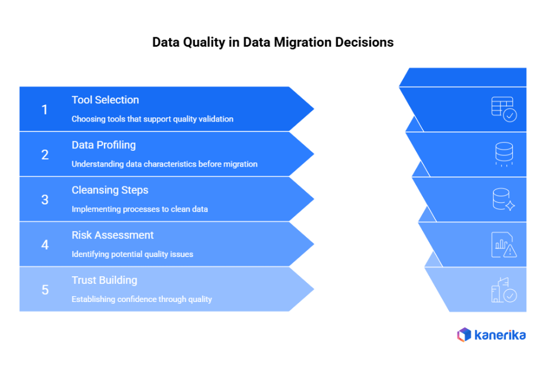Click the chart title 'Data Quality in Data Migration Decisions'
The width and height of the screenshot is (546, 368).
coord(272,43)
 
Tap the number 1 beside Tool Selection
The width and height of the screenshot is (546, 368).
coord(45,109)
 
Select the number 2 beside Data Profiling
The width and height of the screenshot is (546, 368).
coord(45,155)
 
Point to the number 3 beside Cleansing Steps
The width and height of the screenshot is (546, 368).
coord(45,200)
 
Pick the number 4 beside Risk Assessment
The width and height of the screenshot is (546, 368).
coord(45,245)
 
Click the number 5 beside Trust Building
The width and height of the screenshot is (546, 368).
coord(45,290)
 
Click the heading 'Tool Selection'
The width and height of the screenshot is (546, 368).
coord(105,100)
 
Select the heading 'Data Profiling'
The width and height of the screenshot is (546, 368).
coord(103,145)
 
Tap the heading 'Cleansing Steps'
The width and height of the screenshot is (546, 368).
coord(110,190)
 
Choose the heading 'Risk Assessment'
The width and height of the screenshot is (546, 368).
coord(113,235)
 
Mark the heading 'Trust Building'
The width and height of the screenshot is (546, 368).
coord(104,280)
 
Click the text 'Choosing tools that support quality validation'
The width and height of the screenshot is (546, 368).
coord(152,119)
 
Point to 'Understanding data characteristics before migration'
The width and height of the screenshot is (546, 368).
coord(164,164)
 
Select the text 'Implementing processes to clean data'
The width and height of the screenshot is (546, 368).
coord(139,209)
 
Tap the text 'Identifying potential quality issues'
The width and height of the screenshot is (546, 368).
coord(132,254)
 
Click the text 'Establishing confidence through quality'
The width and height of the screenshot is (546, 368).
coord(142,299)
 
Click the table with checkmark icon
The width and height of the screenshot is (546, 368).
coord(503,109)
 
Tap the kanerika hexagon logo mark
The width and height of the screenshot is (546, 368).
coord(464,335)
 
